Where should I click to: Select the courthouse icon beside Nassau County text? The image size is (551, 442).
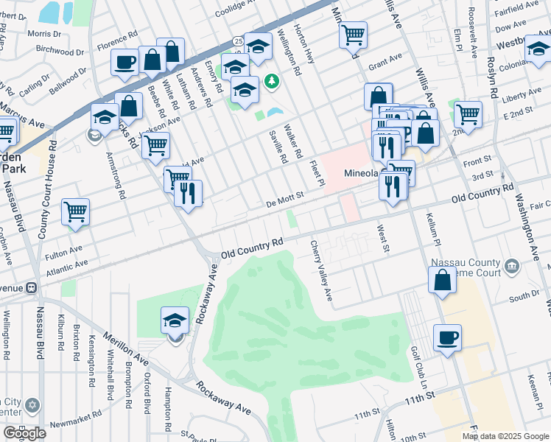511,264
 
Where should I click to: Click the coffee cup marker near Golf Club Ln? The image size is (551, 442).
447,338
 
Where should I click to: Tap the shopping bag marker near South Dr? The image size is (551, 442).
442,280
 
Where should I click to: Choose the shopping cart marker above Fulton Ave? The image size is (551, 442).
76,212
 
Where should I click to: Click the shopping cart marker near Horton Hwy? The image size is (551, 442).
354,33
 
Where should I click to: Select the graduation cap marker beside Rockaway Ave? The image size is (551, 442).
175,320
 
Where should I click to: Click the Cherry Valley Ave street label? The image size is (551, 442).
321,270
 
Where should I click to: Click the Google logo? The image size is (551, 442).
24,433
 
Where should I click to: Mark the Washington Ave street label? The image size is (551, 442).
527,224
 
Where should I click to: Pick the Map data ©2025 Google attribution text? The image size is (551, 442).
505,436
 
